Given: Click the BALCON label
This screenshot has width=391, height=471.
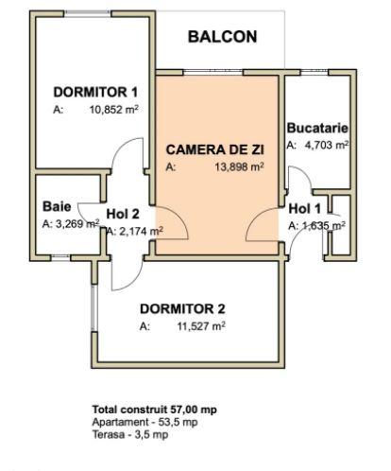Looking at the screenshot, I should pyautogui.click(x=222, y=37).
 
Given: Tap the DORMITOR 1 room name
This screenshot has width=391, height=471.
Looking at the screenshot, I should pyautogui.click(x=96, y=92).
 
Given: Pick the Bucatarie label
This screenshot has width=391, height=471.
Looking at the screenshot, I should pyautogui.click(x=318, y=128).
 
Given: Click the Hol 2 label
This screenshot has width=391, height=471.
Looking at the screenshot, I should pyautogui.click(x=123, y=213).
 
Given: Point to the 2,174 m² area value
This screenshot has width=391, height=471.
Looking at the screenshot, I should pyautogui.click(x=139, y=230).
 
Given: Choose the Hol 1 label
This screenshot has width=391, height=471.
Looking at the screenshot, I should pyautogui.click(x=304, y=208).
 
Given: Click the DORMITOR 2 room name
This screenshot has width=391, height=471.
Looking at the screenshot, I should pyautogui.click(x=182, y=308).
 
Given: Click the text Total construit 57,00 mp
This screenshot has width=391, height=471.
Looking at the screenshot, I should pyautogui.click(x=154, y=410).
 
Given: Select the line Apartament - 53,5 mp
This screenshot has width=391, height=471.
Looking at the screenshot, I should pyautogui.click(x=144, y=422).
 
